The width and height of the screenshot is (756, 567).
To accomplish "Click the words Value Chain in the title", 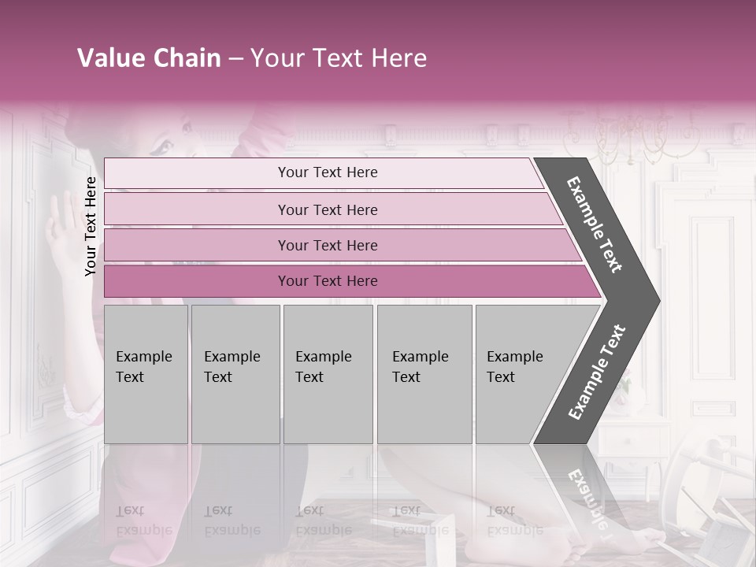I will coord(149,58).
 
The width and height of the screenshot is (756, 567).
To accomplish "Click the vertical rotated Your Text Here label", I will coord(91,226).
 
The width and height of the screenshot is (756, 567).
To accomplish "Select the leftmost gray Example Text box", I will coord(146,374).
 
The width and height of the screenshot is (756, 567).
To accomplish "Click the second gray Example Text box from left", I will coord(235,374).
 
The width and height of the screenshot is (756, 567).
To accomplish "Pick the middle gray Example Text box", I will coord(328,374).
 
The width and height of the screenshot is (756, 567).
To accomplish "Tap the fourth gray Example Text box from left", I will coord(424,374).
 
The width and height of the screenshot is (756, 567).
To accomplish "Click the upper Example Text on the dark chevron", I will coord(595,224).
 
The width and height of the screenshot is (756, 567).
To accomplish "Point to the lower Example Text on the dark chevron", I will coord(596,372).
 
